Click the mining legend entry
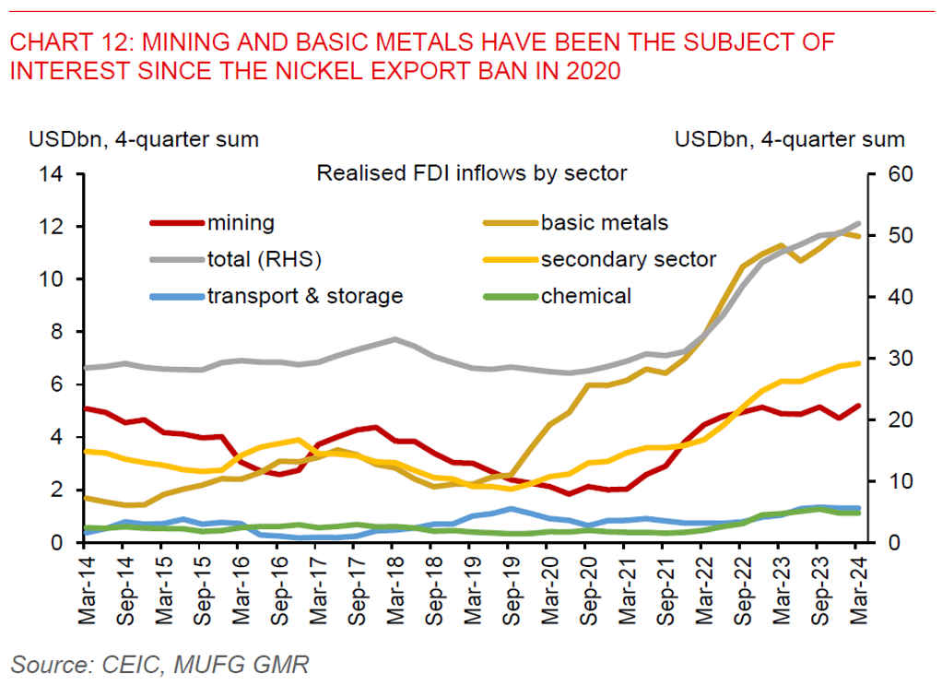pos(241,222)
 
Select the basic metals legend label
pos(604,222)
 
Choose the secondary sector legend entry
pos(628,259)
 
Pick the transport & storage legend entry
pos(304,296)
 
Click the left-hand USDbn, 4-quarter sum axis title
pos(144,140)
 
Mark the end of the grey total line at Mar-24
pos(859,224)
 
